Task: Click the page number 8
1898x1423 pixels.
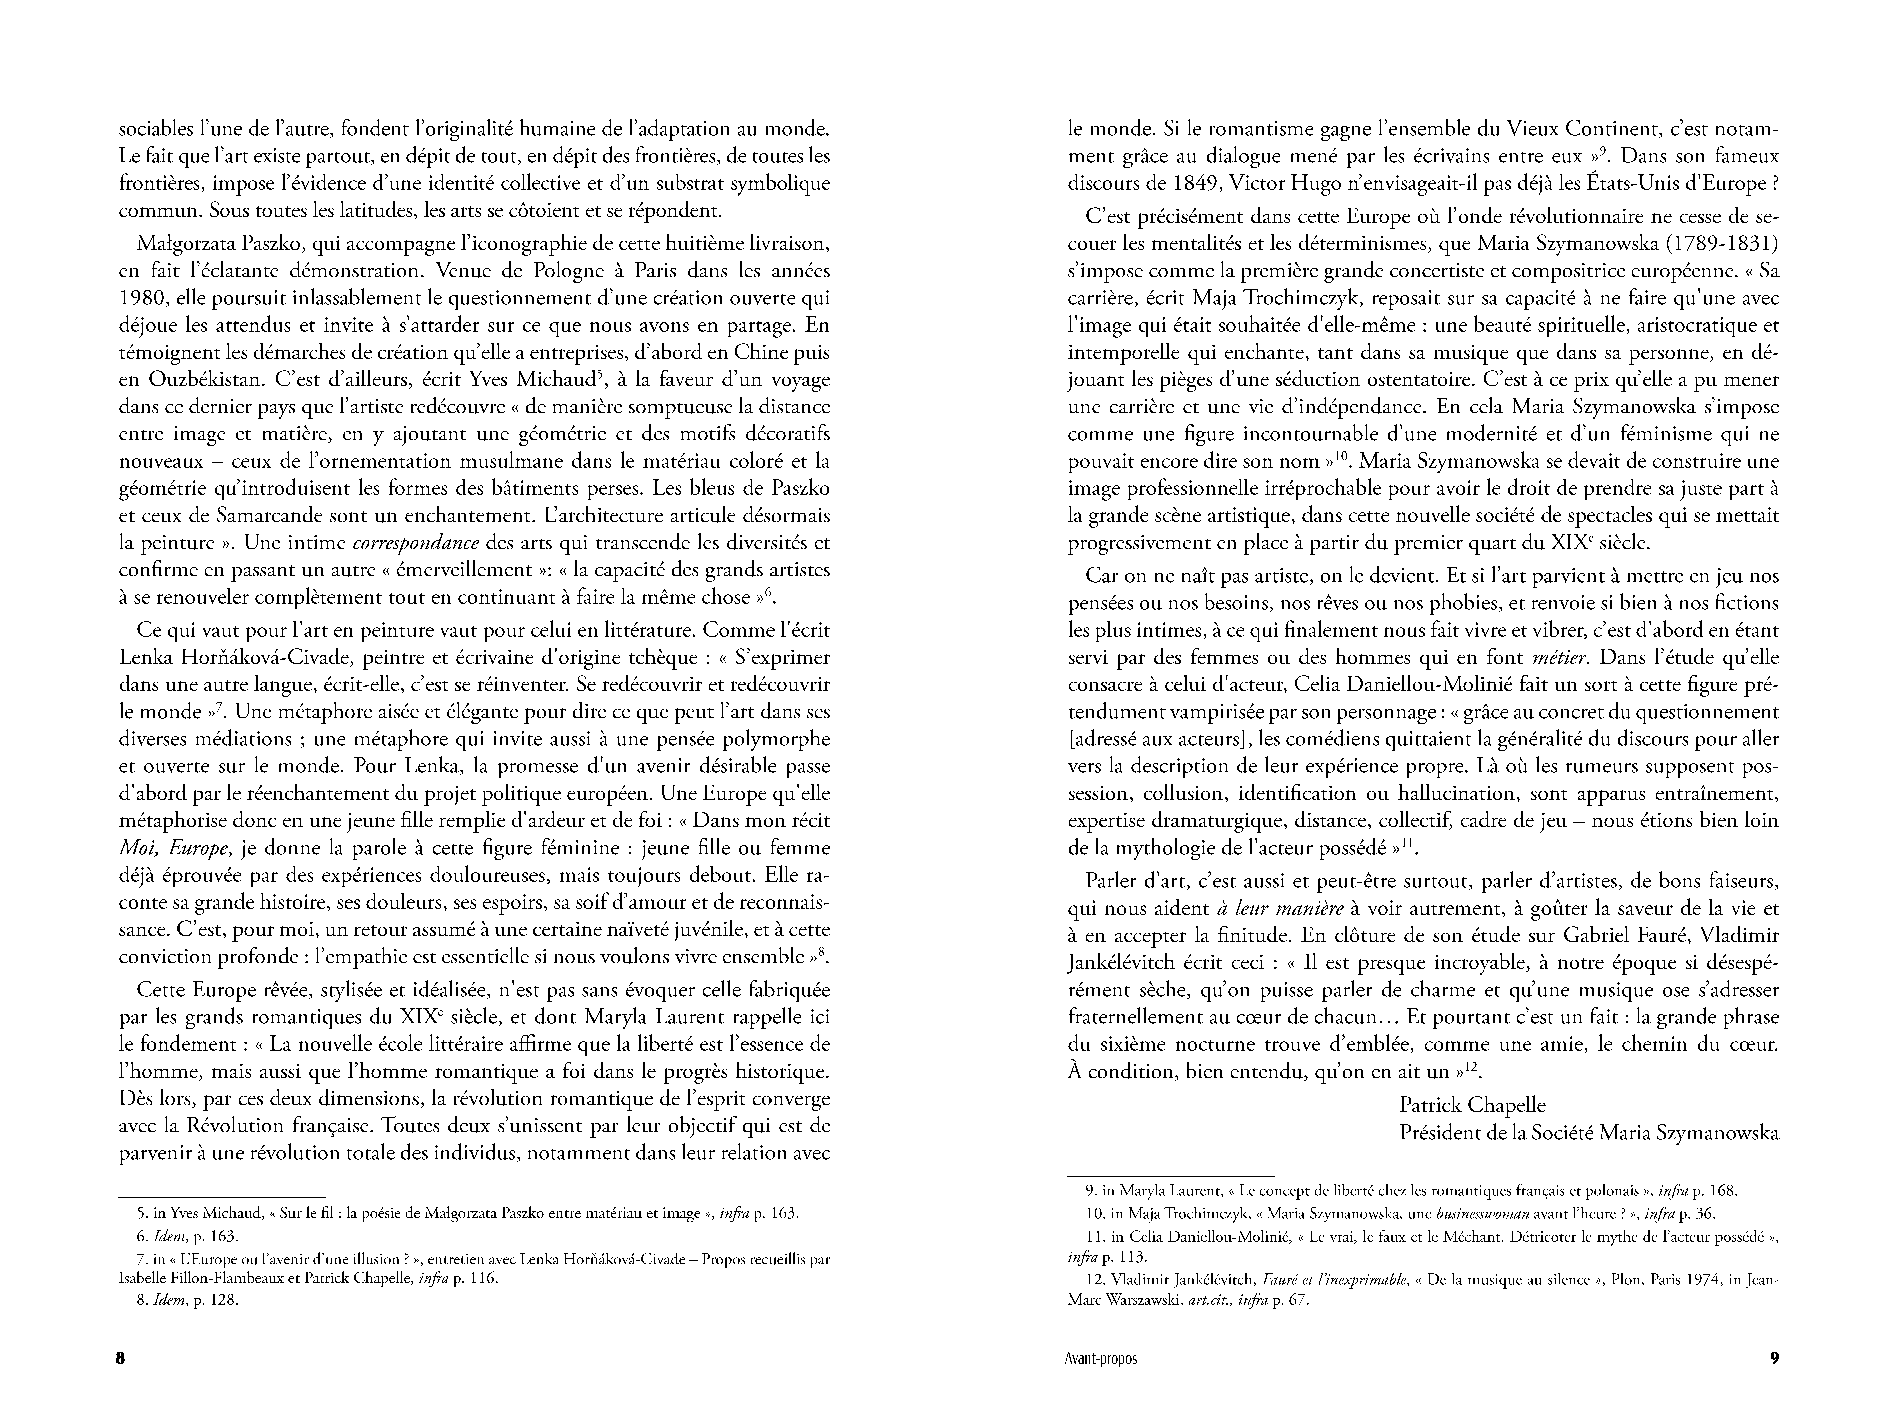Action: [120, 1359]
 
